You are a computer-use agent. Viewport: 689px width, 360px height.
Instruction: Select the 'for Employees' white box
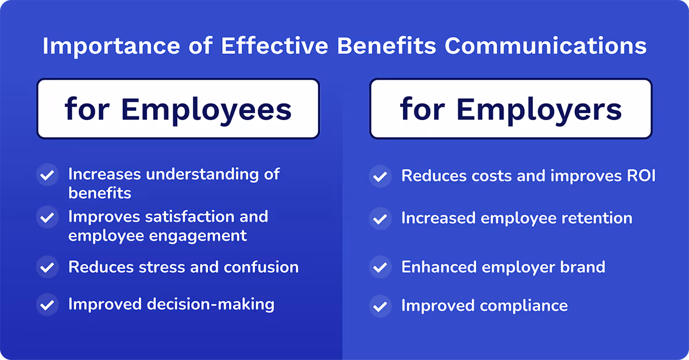pos(178,109)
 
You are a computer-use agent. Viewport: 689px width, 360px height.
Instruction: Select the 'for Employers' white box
pos(510,109)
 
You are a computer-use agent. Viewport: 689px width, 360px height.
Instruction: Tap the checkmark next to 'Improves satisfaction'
pos(47,218)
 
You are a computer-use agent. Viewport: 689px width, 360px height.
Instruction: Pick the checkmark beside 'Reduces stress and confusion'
pos(47,267)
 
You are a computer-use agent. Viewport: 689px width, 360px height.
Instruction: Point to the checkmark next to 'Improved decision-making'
pos(47,304)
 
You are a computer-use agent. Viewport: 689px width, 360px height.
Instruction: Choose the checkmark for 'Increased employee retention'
pos(380,219)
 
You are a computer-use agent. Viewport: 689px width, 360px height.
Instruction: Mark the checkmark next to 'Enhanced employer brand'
pos(380,267)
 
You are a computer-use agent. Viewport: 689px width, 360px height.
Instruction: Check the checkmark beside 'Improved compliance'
pos(380,305)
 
